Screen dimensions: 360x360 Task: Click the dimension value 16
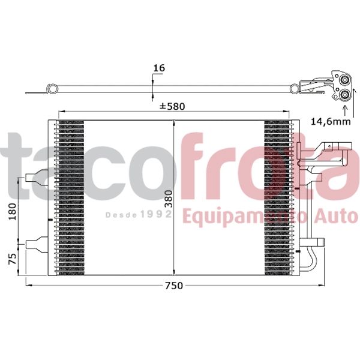point(159,68)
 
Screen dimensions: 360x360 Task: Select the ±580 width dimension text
point(172,107)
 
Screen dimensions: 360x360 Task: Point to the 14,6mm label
point(330,121)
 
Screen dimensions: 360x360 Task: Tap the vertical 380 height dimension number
point(168,199)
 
